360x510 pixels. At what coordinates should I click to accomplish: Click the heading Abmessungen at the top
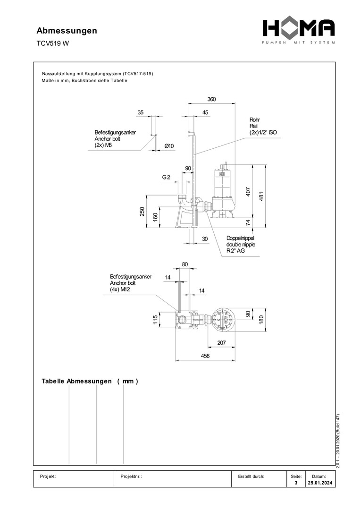pyautogui.click(x=67, y=31)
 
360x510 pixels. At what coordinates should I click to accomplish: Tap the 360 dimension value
pyautogui.click(x=211, y=99)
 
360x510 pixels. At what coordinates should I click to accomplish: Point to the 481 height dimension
pyautogui.click(x=261, y=195)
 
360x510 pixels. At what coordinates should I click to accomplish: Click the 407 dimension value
pyautogui.click(x=248, y=192)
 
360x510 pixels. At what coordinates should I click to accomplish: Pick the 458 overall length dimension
pyautogui.click(x=205, y=356)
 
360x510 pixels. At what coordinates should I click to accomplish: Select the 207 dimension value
pyautogui.click(x=221, y=343)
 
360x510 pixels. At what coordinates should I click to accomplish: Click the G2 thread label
pyautogui.click(x=166, y=178)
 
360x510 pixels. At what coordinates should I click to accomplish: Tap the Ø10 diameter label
pyautogui.click(x=169, y=146)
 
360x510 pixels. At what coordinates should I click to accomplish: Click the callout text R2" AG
pyautogui.click(x=235, y=252)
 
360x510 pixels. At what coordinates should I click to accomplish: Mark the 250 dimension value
pyautogui.click(x=142, y=212)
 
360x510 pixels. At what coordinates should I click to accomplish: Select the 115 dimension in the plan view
pyautogui.click(x=155, y=320)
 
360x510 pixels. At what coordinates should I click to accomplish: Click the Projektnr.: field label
pyautogui.click(x=132, y=476)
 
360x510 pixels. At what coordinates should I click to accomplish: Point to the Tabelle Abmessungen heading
pyautogui.click(x=90, y=381)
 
